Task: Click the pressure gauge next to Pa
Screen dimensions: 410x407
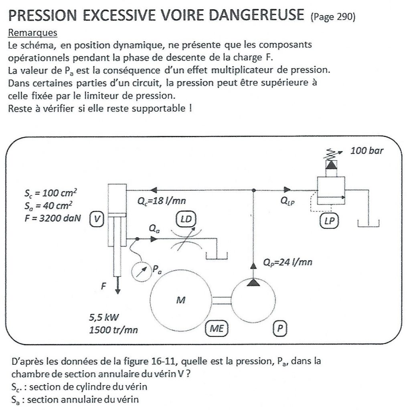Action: [x=140, y=272]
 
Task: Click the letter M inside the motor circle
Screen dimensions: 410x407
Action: [x=180, y=300]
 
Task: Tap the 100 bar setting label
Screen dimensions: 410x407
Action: [x=367, y=151]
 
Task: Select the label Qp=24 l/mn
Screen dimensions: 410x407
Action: [x=288, y=263]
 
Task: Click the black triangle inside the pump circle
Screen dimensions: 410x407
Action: [x=253, y=283]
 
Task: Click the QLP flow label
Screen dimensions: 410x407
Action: [x=288, y=202]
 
